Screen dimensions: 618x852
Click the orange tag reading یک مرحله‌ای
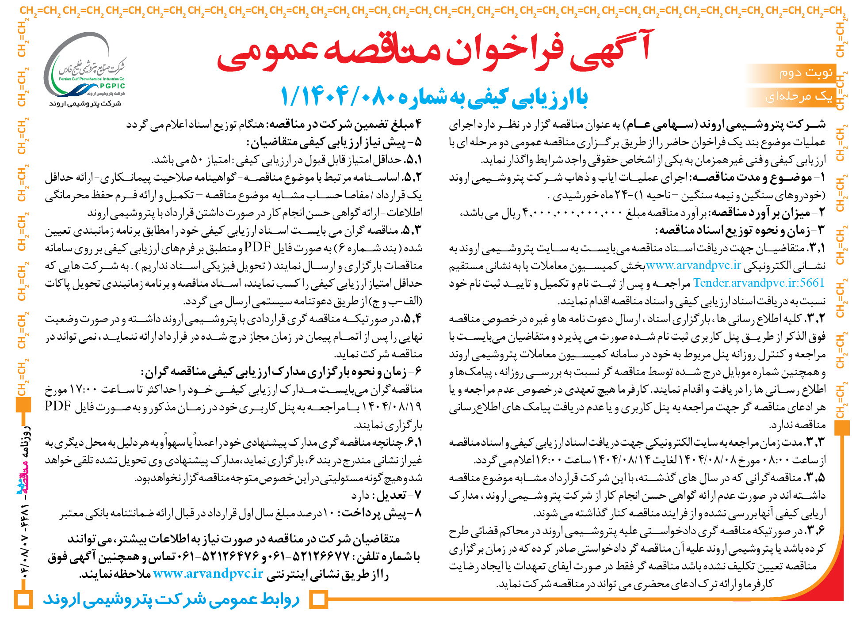pyautogui.click(x=799, y=96)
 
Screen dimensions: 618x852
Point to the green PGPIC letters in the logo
pyautogui.click(x=112, y=86)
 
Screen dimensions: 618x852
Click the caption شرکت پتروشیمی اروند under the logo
pyautogui.click(x=85, y=103)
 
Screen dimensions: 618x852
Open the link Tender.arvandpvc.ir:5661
pyautogui.click(x=759, y=283)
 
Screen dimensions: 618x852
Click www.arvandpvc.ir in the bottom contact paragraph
pyautogui.click(x=208, y=574)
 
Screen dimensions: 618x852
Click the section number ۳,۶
pyautogui.click(x=816, y=531)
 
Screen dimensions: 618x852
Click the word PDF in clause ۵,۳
pyautogui.click(x=257, y=247)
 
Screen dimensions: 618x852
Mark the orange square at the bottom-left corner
pyautogui.click(x=23, y=599)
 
